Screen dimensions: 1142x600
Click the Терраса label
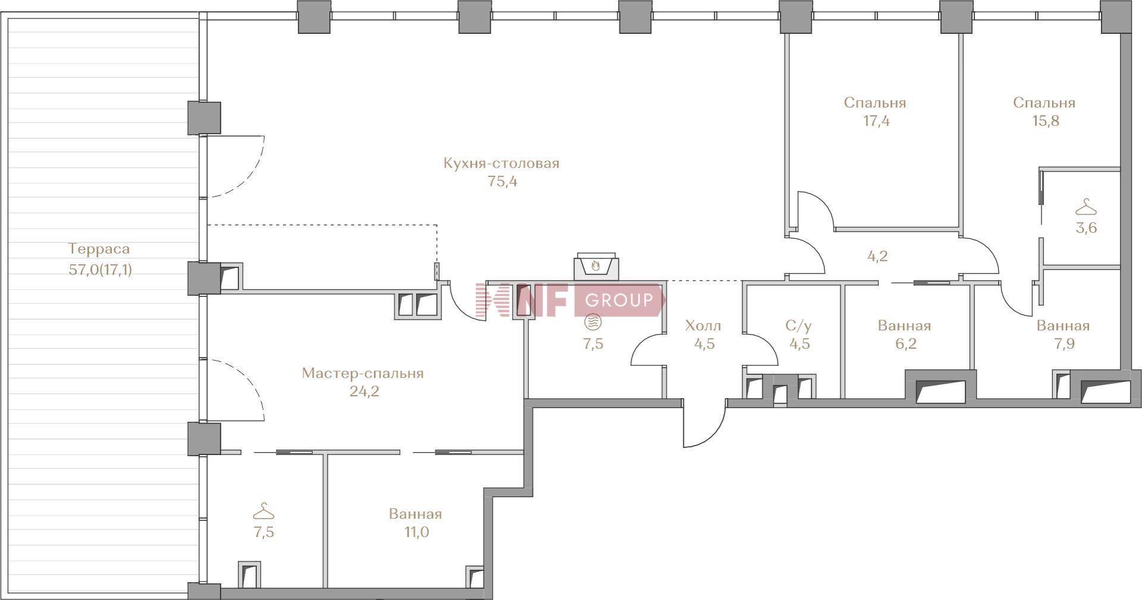[x=99, y=248]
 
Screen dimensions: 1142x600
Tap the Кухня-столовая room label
[x=501, y=163]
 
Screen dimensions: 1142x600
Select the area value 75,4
[x=503, y=182]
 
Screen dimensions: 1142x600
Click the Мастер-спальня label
[x=363, y=373]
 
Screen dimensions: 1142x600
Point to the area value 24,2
[x=365, y=391]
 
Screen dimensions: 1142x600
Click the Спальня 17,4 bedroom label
[x=875, y=103]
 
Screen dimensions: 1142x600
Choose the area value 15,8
[x=1046, y=121]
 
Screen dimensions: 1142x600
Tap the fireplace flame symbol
[x=596, y=266]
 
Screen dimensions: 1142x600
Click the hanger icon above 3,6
[x=1086, y=207]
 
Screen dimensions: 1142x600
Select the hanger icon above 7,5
[x=263, y=511]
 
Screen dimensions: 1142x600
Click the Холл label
[x=703, y=326]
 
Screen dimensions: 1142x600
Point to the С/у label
[x=799, y=326]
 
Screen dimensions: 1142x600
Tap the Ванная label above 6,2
[x=905, y=326]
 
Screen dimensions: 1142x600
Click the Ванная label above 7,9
[x=1063, y=326]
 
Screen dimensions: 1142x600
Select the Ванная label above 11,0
[x=416, y=514]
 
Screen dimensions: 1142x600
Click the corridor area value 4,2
[x=878, y=257]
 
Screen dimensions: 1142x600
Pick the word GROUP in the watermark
[x=619, y=300]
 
